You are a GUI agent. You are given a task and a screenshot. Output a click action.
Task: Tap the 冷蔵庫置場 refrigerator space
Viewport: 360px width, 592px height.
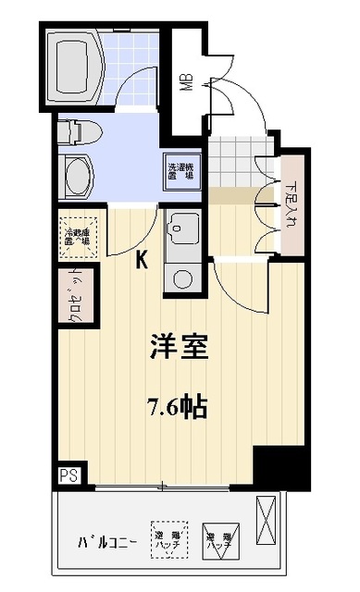(77, 234)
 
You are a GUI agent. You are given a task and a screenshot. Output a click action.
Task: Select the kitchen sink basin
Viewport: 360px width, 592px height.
(180, 226)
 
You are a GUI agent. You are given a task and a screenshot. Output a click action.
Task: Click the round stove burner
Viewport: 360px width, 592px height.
(181, 277)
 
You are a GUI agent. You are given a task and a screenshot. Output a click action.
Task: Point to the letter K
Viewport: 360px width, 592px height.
(143, 261)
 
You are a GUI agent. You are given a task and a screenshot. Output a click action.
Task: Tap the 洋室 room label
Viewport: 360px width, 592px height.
(180, 348)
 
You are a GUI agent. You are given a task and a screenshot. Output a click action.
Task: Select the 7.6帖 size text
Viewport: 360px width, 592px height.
(180, 404)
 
